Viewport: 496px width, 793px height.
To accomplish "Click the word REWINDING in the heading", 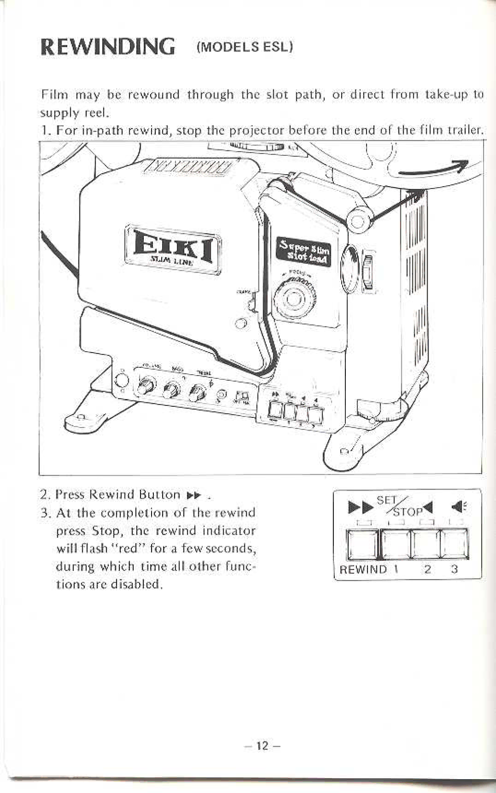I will (x=108, y=46).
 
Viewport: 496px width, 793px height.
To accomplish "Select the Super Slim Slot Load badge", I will (x=302, y=251).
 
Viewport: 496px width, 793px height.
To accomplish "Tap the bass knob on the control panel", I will (x=174, y=389).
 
